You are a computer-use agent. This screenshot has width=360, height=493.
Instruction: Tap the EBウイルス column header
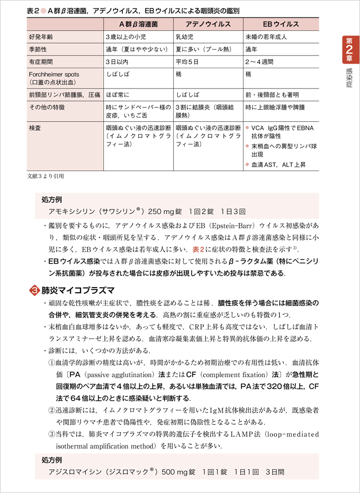coord(281,24)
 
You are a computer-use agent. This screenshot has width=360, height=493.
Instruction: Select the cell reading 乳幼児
coord(185,37)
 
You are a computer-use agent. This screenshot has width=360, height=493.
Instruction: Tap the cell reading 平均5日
coord(188,62)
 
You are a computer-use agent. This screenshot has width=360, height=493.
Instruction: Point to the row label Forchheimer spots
coord(53,75)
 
